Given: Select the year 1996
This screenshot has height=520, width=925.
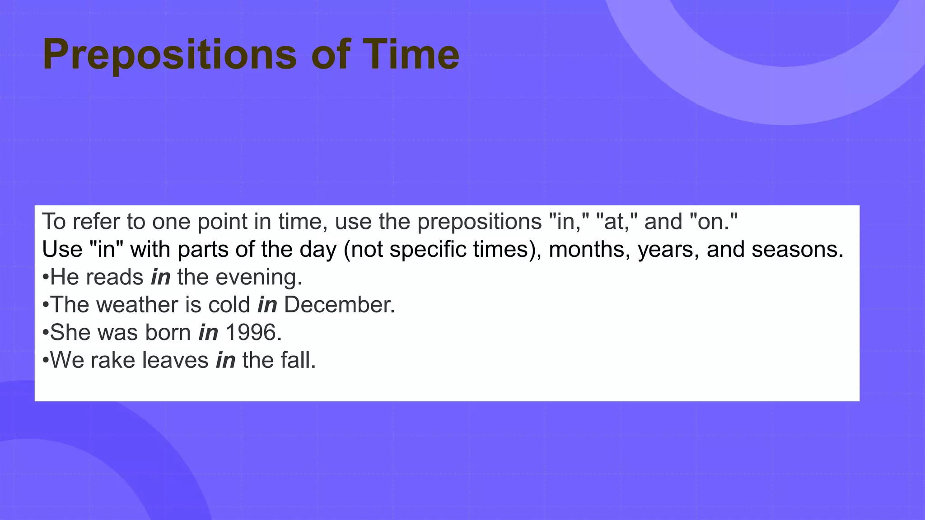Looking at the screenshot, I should tap(253, 333).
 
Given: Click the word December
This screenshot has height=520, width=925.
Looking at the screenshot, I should tap(339, 305).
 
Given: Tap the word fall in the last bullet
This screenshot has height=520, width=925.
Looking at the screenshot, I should tap(298, 360).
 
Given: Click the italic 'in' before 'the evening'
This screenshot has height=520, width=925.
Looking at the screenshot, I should tap(161, 277).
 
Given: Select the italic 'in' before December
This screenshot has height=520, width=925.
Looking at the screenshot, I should tap(267, 305).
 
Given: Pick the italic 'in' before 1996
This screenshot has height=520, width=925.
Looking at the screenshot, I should tap(208, 333).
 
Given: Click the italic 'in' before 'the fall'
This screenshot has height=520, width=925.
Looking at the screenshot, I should tap(225, 360).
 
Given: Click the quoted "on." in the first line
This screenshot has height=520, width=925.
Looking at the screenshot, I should tap(714, 222).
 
